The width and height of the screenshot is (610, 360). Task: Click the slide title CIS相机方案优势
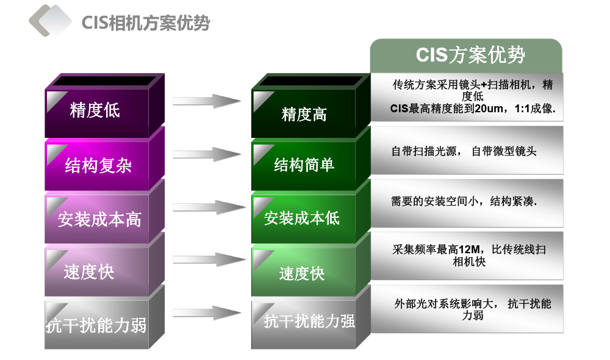point(146,23)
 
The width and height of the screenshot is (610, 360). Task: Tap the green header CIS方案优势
point(470,54)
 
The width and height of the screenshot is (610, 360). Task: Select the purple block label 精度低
point(95,110)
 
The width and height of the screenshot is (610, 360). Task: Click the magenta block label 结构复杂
point(98,165)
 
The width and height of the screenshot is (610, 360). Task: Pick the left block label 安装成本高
point(99,219)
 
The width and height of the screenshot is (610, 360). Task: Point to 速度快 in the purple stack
point(89,272)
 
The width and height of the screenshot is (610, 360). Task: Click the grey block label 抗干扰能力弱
point(96,325)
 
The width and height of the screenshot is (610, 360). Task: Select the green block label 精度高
point(304,115)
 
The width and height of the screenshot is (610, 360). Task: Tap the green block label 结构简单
point(304,165)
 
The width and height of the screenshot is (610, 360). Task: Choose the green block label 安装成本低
point(302,218)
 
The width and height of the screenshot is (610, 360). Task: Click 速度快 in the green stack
point(302,273)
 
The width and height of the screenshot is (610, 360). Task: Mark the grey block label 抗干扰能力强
point(309,321)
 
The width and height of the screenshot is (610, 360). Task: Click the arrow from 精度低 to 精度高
point(207,101)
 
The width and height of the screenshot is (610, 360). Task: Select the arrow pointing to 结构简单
point(207,154)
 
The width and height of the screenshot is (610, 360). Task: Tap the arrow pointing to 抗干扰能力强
point(207,312)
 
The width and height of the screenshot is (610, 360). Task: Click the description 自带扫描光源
point(424,151)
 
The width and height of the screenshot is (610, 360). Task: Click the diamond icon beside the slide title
point(50,21)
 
